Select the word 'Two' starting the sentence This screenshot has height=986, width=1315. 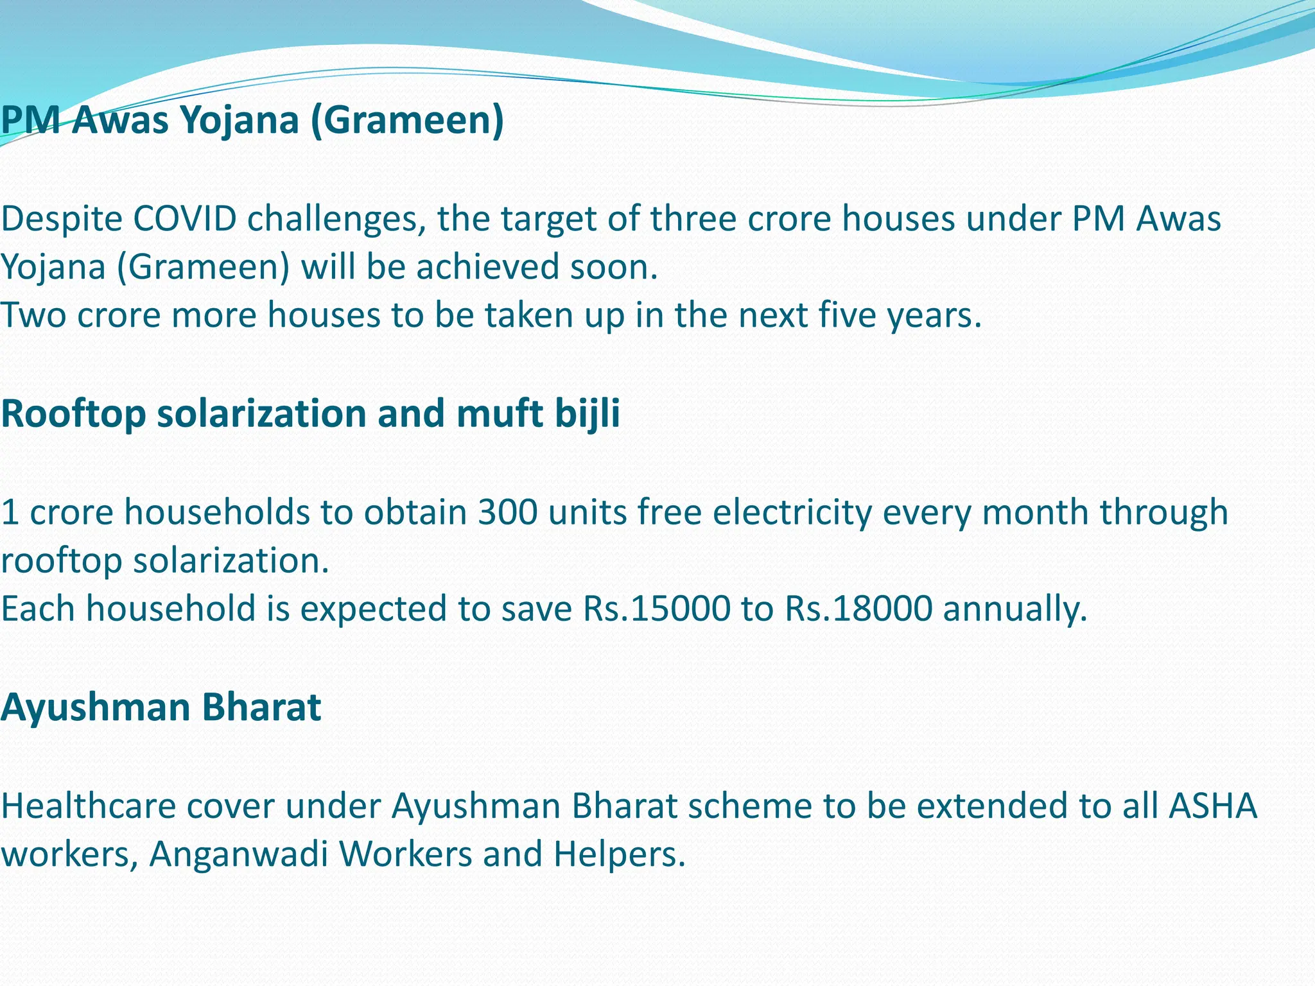(x=33, y=315)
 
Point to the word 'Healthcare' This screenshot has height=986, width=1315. (x=89, y=806)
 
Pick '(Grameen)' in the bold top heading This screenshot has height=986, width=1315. (x=407, y=120)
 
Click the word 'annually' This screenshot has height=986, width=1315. (x=1015, y=609)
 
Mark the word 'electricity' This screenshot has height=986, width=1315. (x=792, y=512)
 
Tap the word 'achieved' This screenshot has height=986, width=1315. (x=487, y=267)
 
